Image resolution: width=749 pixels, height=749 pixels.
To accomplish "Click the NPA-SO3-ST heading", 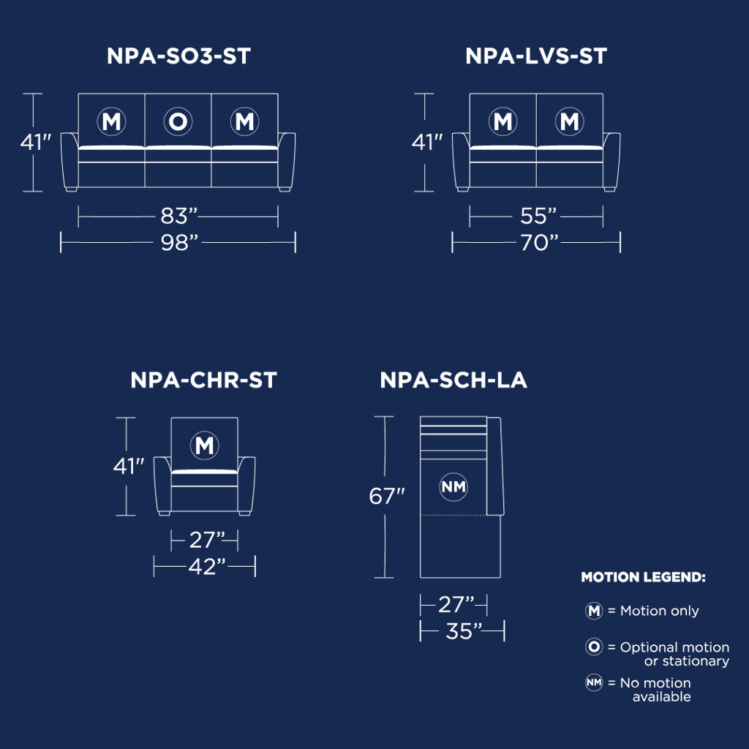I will pos(178,56).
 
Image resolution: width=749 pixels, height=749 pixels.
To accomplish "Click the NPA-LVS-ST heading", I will pos(536,56).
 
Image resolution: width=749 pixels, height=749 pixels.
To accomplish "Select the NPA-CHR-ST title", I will pos(203,380).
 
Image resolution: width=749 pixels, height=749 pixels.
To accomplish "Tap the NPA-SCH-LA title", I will pos(453,380).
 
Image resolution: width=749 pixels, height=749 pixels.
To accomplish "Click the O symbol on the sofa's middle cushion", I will pos(178,121).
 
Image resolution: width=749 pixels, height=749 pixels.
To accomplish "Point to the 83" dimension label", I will pos(179,216).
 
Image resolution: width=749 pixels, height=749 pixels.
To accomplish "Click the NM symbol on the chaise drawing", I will pos(453,487).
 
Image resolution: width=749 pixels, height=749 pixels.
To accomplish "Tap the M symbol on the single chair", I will pos(205,445).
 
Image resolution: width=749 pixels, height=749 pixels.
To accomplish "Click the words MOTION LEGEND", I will pos(643,577).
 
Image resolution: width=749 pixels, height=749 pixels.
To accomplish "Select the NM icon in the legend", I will pos(594,682).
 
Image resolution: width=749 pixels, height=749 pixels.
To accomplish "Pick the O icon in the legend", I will pos(594,647).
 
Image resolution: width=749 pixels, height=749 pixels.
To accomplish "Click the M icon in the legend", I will pos(594,611).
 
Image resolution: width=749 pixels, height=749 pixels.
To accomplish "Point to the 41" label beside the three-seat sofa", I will pos(35,142).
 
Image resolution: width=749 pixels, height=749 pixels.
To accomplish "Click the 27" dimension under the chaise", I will pos(456,604).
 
